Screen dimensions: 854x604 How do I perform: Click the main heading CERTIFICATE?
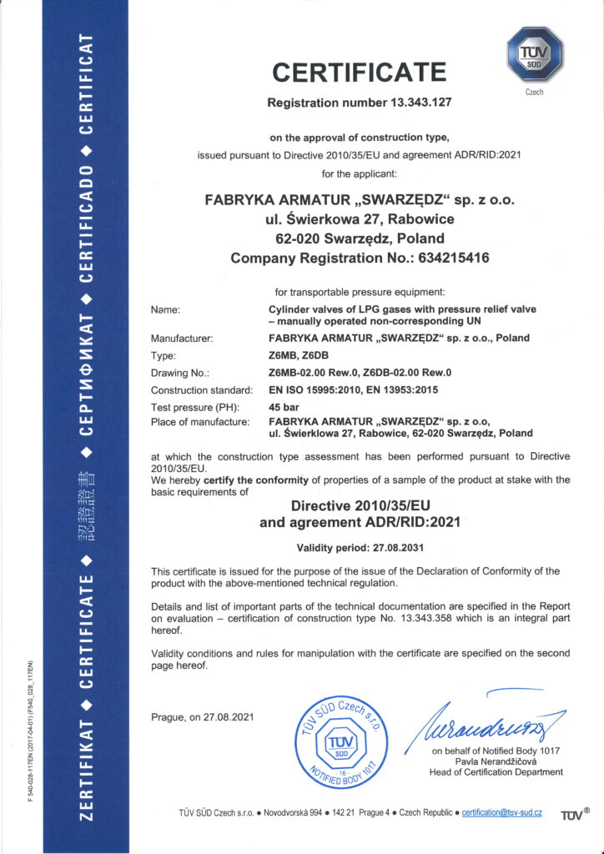(x=359, y=73)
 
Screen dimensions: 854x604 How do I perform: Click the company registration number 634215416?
(x=444, y=259)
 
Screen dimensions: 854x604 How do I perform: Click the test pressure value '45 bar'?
(x=283, y=407)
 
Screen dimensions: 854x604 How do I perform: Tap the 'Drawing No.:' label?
(x=179, y=373)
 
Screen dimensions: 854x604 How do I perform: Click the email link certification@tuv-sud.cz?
(x=502, y=812)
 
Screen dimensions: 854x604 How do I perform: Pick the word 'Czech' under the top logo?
(x=535, y=92)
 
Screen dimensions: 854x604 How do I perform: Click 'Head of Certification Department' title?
(x=496, y=772)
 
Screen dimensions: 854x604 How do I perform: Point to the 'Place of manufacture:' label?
(x=200, y=422)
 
